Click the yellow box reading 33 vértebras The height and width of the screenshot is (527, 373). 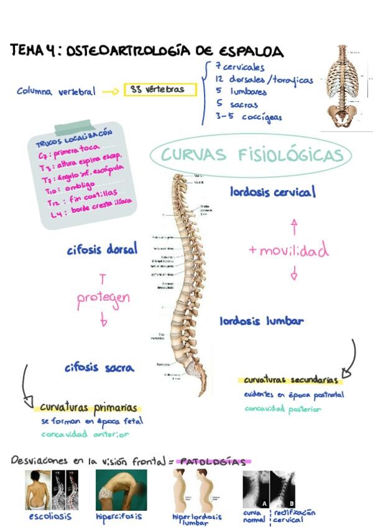(160, 90)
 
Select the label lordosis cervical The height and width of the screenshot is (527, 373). (272, 192)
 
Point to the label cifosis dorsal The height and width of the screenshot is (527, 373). (102, 250)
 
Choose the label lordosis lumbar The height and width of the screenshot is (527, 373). (261, 321)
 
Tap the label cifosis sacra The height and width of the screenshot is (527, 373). (99, 367)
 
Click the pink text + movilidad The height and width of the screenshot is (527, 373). (288, 250)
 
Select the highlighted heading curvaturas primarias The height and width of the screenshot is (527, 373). (88, 408)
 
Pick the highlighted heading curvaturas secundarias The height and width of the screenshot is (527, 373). (291, 380)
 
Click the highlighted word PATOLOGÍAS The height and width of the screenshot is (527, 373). (214, 462)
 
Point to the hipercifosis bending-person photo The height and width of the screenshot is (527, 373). (121, 490)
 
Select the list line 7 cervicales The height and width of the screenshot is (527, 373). (240, 67)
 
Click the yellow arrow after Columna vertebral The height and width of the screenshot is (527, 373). (109, 91)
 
